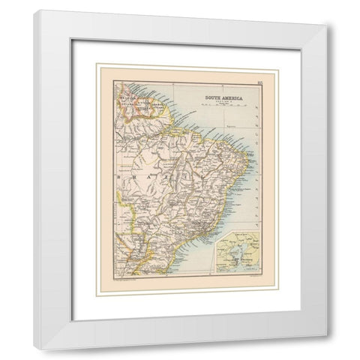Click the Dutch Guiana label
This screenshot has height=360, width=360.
[141, 110]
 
